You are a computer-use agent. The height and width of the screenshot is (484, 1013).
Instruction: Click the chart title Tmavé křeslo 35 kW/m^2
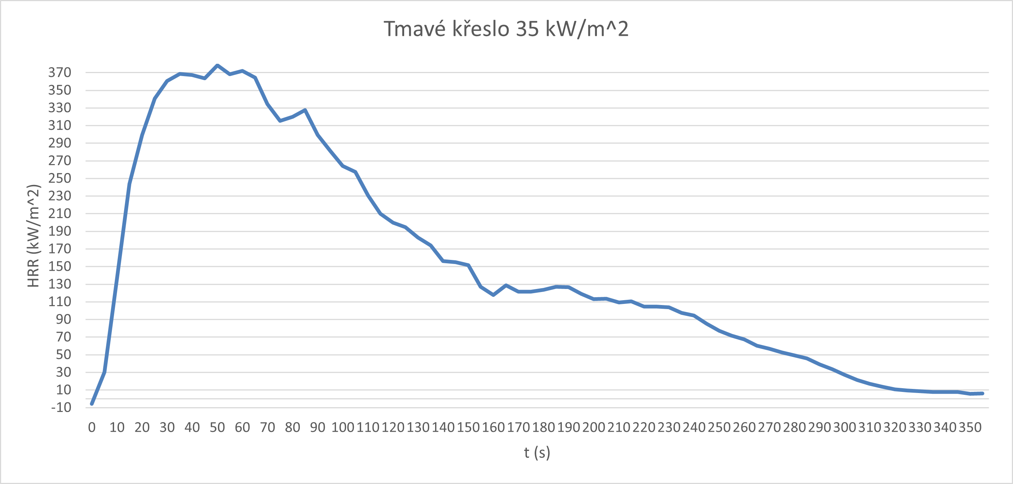tap(506, 29)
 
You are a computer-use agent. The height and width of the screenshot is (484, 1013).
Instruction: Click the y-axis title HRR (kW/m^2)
tap(34, 236)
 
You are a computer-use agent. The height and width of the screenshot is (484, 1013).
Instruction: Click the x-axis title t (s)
tap(537, 453)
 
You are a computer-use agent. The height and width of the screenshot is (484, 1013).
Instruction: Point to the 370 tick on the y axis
tap(60, 72)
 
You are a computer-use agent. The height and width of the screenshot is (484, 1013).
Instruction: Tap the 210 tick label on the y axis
tap(60, 214)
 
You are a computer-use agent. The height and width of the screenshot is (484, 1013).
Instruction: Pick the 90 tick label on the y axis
tap(63, 319)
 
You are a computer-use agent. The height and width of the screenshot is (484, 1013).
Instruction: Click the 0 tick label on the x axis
tap(92, 427)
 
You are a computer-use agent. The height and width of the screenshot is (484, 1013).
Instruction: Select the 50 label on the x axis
tap(217, 427)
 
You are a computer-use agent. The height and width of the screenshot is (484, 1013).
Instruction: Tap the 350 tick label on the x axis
tap(970, 427)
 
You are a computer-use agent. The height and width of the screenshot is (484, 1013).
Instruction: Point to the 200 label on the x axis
tap(594, 427)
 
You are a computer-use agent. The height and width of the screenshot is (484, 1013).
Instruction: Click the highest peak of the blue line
tap(217, 65)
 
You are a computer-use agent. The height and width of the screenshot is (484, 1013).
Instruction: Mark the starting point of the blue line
tap(92, 404)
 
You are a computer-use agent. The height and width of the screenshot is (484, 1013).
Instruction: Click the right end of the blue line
tap(983, 393)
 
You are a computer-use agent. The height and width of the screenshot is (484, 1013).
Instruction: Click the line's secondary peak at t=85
tap(305, 110)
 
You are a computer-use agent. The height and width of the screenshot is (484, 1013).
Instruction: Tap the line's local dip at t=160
tap(493, 295)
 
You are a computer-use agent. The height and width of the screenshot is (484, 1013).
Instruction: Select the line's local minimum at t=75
tap(280, 121)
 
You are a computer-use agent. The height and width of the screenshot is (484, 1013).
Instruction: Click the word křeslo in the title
tap(481, 29)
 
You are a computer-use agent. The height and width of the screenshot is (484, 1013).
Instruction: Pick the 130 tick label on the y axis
tap(60, 284)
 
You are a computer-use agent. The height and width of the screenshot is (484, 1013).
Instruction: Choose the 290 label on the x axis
tap(819, 427)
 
